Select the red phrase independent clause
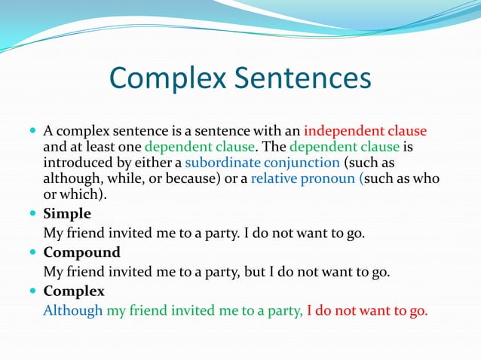[365, 130]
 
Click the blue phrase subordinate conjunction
[262, 163]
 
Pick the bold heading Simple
[67, 214]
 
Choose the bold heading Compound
[81, 252]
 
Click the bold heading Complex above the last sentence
[74, 291]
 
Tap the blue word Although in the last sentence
[73, 310]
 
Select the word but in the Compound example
[253, 272]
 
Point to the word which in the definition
[81, 194]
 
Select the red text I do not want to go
[367, 310]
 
